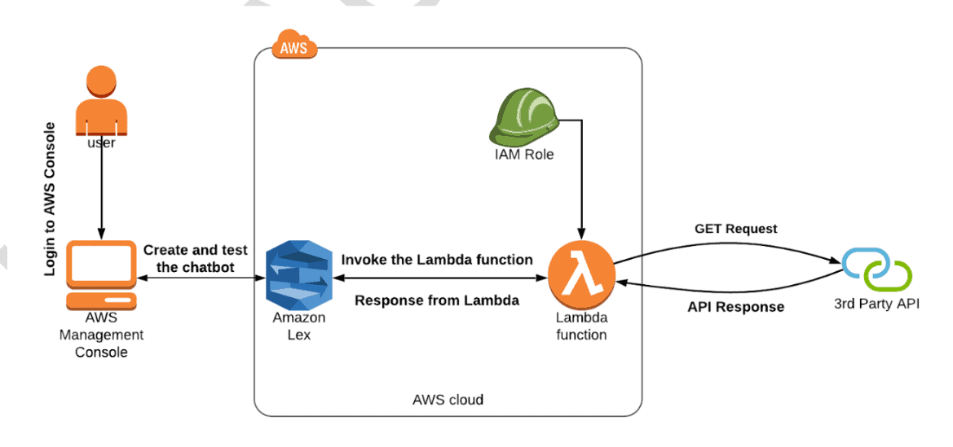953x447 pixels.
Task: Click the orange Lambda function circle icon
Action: coord(580,274)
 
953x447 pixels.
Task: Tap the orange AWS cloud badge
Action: coord(293,46)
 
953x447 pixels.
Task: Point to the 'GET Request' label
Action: coord(735,229)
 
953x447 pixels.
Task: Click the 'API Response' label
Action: coord(735,307)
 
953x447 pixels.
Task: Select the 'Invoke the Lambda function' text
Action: coord(437,260)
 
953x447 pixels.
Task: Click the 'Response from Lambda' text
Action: coord(437,300)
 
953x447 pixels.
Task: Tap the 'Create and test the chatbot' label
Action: coord(195,259)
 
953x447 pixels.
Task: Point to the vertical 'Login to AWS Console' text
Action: coord(51,199)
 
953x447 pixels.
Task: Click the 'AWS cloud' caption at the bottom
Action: coord(448,400)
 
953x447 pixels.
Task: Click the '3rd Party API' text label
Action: coord(876,305)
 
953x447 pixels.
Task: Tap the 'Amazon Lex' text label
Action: coord(298,326)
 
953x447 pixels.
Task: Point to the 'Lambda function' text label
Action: coord(581,326)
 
